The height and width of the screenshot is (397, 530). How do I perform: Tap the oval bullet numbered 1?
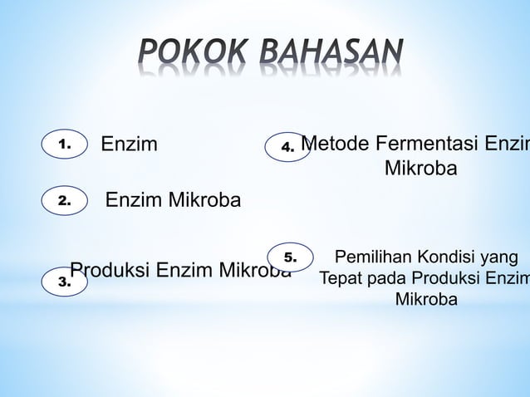pyautogui.click(x=65, y=145)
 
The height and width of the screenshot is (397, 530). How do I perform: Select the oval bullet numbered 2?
pyautogui.click(x=65, y=200)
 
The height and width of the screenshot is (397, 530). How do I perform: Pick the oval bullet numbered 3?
pyautogui.click(x=65, y=282)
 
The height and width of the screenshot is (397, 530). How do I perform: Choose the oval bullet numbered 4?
pyautogui.click(x=287, y=147)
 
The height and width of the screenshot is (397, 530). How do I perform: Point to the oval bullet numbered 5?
pyautogui.click(x=289, y=257)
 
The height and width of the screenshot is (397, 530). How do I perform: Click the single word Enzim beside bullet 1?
pyautogui.click(x=129, y=145)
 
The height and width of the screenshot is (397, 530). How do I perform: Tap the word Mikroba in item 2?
pyautogui.click(x=203, y=200)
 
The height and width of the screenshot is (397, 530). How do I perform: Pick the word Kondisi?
pyautogui.click(x=444, y=257)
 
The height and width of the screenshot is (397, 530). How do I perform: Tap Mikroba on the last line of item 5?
pyautogui.click(x=425, y=299)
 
